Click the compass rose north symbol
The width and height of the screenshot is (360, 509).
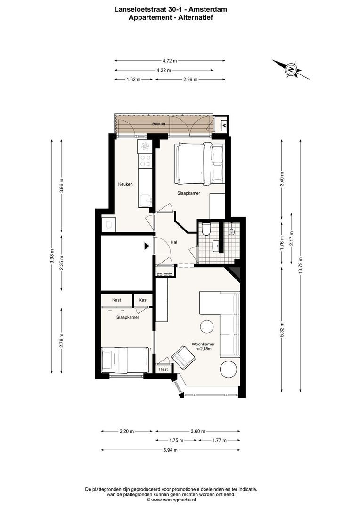tap(291, 70)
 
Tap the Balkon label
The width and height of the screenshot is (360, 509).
tap(158, 124)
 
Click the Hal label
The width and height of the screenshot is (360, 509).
tap(174, 242)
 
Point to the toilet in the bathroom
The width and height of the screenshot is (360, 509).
tap(206, 229)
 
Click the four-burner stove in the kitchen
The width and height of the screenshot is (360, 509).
tap(145, 161)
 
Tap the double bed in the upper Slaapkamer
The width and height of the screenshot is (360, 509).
tap(199, 163)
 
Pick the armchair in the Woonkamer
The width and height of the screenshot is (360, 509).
tap(183, 357)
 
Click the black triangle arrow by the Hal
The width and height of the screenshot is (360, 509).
tap(147, 246)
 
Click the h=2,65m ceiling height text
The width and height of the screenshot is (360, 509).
tap(204, 349)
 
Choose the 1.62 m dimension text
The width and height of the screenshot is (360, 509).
tap(134, 79)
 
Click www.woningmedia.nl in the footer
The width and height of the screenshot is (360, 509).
tap(173, 500)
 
